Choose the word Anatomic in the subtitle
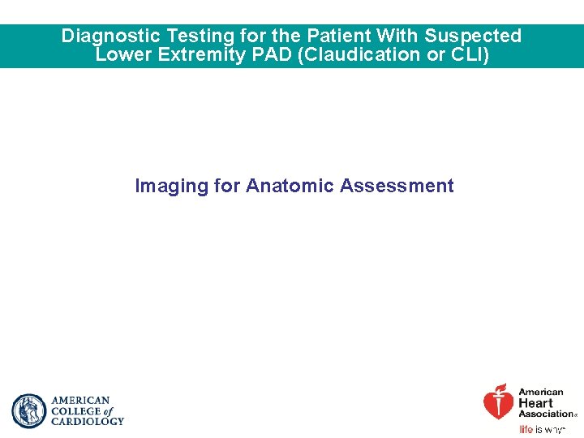(290, 187)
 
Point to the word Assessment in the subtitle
(397, 187)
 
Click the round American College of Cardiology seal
(29, 411)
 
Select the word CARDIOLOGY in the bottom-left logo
(88, 422)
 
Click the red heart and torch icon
(498, 401)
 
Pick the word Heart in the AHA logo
(535, 403)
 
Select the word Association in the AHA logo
(545, 414)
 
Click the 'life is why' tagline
(541, 430)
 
